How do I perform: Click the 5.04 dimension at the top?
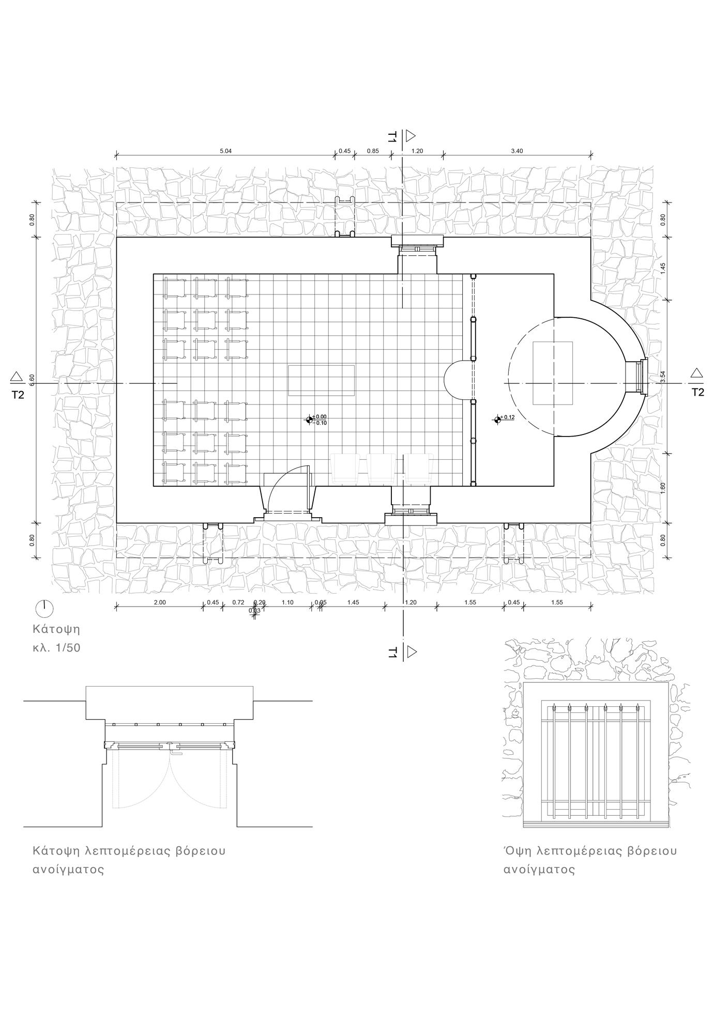(x=225, y=151)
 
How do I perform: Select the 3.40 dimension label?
(x=516, y=151)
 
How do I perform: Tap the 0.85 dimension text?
(x=372, y=151)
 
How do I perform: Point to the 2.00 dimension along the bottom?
(x=160, y=602)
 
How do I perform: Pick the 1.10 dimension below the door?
(x=287, y=602)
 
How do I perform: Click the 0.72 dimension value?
(x=238, y=602)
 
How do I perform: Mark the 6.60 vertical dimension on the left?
(x=32, y=379)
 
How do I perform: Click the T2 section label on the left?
(x=18, y=395)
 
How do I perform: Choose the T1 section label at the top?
(x=393, y=137)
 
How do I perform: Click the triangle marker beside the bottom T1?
(x=412, y=653)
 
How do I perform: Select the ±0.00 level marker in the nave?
(x=310, y=420)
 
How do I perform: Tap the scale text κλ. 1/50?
(x=56, y=648)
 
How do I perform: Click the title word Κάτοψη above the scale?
(x=56, y=629)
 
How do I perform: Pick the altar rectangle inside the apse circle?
(x=553, y=373)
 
